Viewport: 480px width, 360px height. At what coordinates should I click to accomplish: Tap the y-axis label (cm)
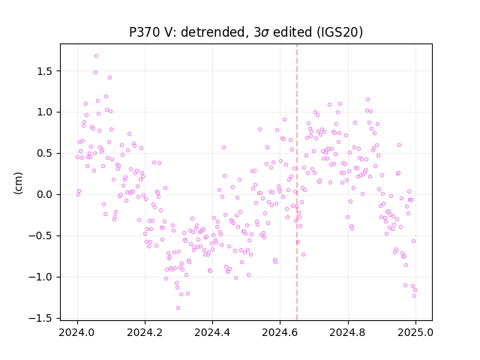[18, 183]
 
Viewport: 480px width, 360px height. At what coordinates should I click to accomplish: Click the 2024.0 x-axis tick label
[77, 332]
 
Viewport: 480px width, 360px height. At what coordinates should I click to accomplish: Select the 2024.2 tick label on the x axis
[145, 332]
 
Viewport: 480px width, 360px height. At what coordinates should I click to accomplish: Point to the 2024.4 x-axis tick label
[212, 332]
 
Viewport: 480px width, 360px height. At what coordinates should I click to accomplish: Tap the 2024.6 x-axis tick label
[280, 332]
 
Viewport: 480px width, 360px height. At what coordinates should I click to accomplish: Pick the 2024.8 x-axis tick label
[348, 332]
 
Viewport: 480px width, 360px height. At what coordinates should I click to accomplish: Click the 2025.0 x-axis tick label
[415, 332]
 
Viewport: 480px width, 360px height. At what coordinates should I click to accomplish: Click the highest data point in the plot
[96, 56]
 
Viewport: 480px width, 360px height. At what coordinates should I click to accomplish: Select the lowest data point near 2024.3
[178, 308]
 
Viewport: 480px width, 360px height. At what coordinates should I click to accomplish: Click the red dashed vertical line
[297, 182]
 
